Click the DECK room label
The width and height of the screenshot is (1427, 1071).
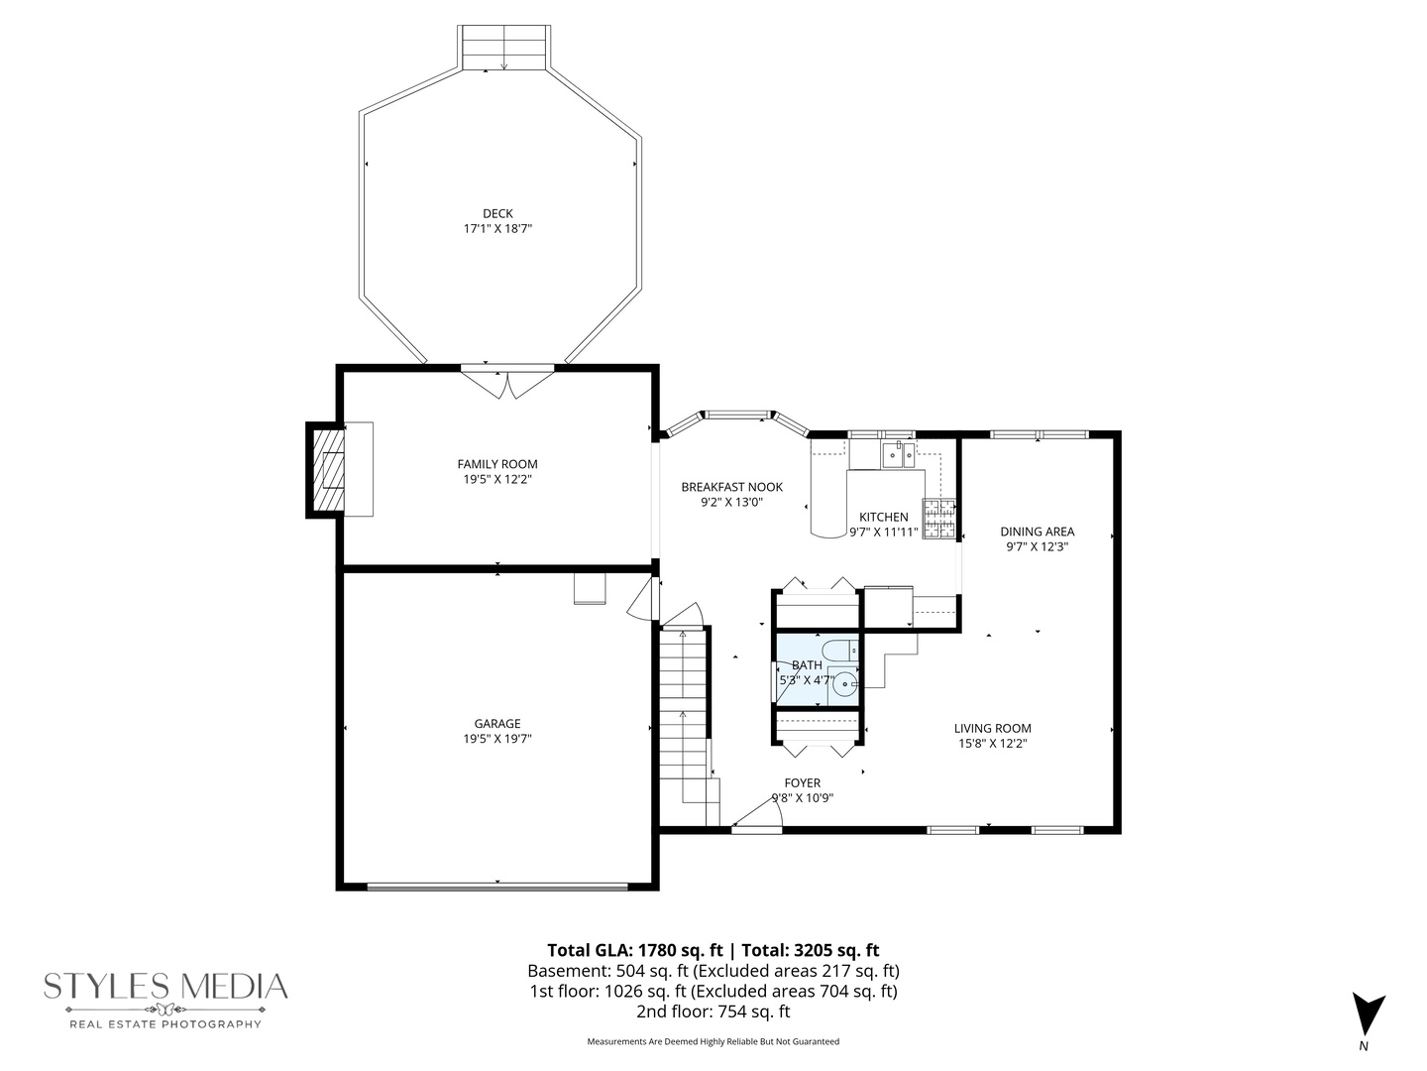pos(497,213)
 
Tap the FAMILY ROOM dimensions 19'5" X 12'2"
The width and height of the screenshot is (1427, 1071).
pos(497,479)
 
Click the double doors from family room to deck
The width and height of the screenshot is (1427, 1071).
pos(507,382)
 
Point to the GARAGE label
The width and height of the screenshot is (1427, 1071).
pos(497,724)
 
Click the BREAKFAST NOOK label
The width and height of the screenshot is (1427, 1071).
pos(731,487)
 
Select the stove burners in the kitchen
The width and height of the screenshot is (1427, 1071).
pos(939,519)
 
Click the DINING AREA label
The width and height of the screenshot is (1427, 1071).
pos(1037,532)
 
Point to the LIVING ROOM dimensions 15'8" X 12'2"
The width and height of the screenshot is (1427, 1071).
pos(992,743)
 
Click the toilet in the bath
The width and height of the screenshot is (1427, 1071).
pos(840,652)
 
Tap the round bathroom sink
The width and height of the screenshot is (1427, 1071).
pos(843,683)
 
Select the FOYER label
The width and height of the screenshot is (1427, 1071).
pos(802,783)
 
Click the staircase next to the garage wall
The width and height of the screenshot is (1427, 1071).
pos(684,714)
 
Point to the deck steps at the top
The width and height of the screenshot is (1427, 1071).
pos(505,48)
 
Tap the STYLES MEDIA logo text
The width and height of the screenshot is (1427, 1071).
pos(165,987)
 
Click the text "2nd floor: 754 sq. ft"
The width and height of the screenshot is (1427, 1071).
pos(713,1011)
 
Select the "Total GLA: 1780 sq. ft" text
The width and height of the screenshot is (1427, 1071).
pos(629,949)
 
